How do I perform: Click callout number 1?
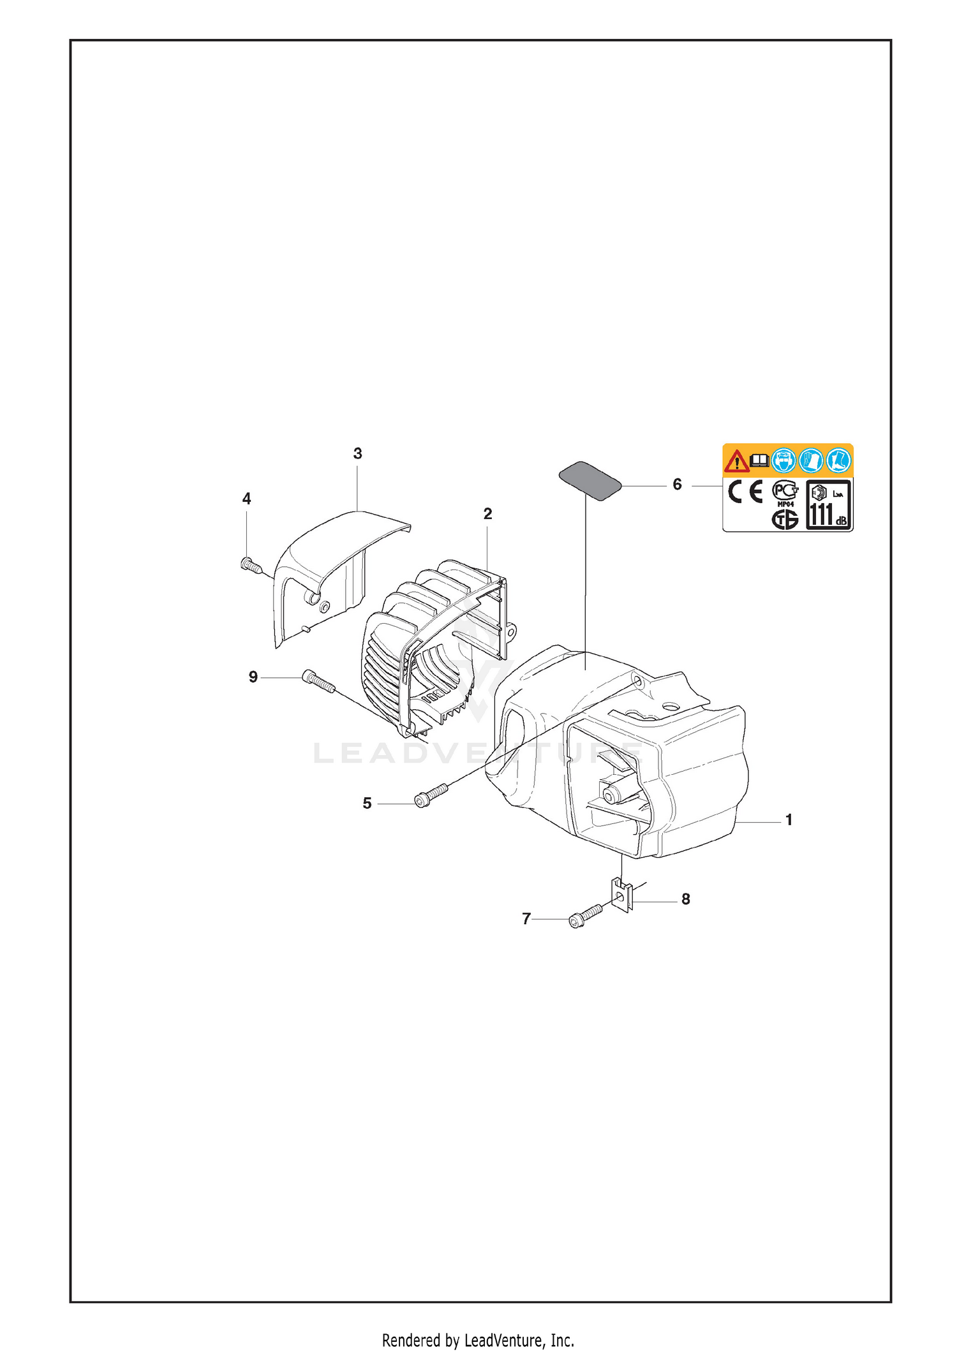coord(789,819)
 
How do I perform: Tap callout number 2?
coord(488,514)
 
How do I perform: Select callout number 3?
coord(358,453)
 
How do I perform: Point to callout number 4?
coord(247,499)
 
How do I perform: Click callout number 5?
coord(367,804)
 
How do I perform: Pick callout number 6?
coord(678,485)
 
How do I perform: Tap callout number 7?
coord(526,919)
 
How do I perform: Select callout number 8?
coord(686,899)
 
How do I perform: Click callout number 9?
coord(253,677)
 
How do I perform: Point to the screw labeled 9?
coord(318,681)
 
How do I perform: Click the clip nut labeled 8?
coord(621,895)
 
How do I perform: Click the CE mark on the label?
coord(746,492)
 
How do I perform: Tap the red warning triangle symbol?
coord(737,460)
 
